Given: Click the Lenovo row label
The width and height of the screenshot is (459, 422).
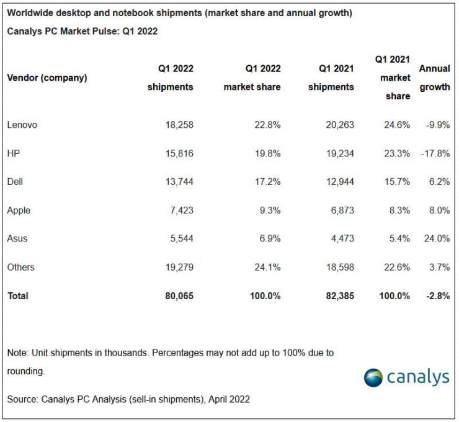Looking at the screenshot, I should click(22, 125).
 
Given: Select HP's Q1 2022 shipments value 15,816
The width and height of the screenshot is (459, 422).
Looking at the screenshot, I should click(176, 153).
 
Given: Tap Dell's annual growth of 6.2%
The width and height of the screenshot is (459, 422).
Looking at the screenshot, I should click(439, 182).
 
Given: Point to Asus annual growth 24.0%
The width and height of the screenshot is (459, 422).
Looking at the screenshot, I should click(437, 239).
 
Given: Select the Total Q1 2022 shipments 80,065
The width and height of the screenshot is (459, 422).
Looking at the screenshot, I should click(176, 296).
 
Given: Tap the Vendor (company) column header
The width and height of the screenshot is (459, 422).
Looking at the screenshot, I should click(47, 78).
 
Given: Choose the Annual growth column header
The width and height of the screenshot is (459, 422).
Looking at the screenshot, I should click(435, 78).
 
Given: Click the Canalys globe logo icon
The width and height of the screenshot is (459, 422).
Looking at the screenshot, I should click(373, 377).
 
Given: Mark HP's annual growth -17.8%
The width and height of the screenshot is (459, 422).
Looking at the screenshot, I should click(434, 153).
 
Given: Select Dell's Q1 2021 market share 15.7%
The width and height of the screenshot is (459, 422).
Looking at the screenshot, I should click(397, 182).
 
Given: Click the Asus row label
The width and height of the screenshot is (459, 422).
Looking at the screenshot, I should click(17, 239).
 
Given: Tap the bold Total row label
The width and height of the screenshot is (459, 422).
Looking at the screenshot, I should click(18, 296).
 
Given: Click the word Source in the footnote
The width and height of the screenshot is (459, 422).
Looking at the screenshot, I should click(22, 399).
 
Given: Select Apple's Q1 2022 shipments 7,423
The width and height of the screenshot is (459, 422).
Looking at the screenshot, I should click(179, 210).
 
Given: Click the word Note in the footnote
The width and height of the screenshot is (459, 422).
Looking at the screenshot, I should click(17, 352).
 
